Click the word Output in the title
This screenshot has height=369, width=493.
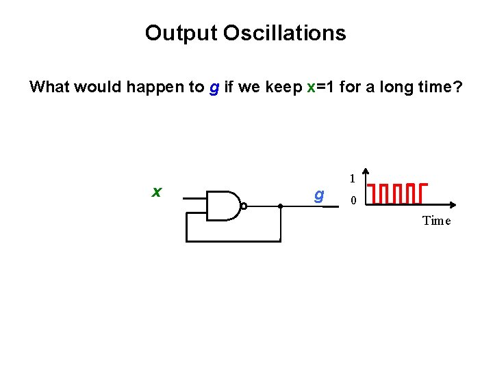pos(177,33)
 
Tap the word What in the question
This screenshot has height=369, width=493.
pos(52,87)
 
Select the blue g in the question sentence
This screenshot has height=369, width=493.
pos(214,88)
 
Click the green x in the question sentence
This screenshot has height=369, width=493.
pos(311,87)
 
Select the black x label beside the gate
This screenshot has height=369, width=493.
pos(157,192)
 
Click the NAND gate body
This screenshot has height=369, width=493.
pos(223,205)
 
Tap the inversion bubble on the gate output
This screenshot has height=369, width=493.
pos(243,205)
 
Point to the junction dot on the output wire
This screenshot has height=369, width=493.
pos(281,205)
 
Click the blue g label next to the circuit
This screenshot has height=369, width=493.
pos(318,195)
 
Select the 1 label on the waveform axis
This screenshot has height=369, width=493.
pos(352,179)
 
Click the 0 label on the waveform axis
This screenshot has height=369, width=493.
pos(353,201)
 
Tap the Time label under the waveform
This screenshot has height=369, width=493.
pos(437,220)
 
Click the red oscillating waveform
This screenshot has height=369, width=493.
pos(397,193)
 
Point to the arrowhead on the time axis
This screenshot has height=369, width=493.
pos(453,204)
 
